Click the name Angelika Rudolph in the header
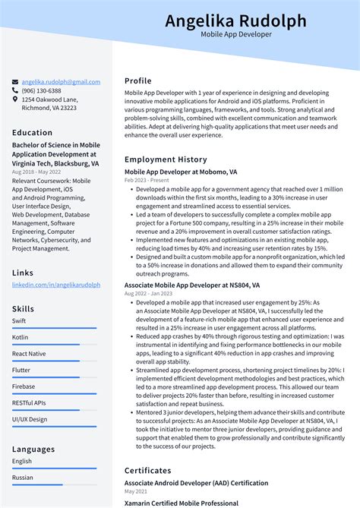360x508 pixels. (235, 21)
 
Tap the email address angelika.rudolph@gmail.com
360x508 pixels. (61, 81)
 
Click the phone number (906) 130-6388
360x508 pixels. (42, 90)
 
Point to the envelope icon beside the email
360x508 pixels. (15, 81)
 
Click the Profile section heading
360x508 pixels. (138, 80)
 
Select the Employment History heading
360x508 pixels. (166, 159)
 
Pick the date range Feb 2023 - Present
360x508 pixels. (147, 181)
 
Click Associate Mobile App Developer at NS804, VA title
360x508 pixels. (192, 286)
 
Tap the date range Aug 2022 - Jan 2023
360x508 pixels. (150, 294)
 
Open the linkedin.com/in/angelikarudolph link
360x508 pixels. (56, 285)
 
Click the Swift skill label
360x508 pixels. (19, 321)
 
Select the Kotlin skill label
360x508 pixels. (20, 337)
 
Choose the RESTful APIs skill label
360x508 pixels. (29, 403)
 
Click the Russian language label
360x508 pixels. (22, 478)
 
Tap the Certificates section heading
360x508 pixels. (148, 470)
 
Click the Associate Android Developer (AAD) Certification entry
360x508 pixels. (196, 483)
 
